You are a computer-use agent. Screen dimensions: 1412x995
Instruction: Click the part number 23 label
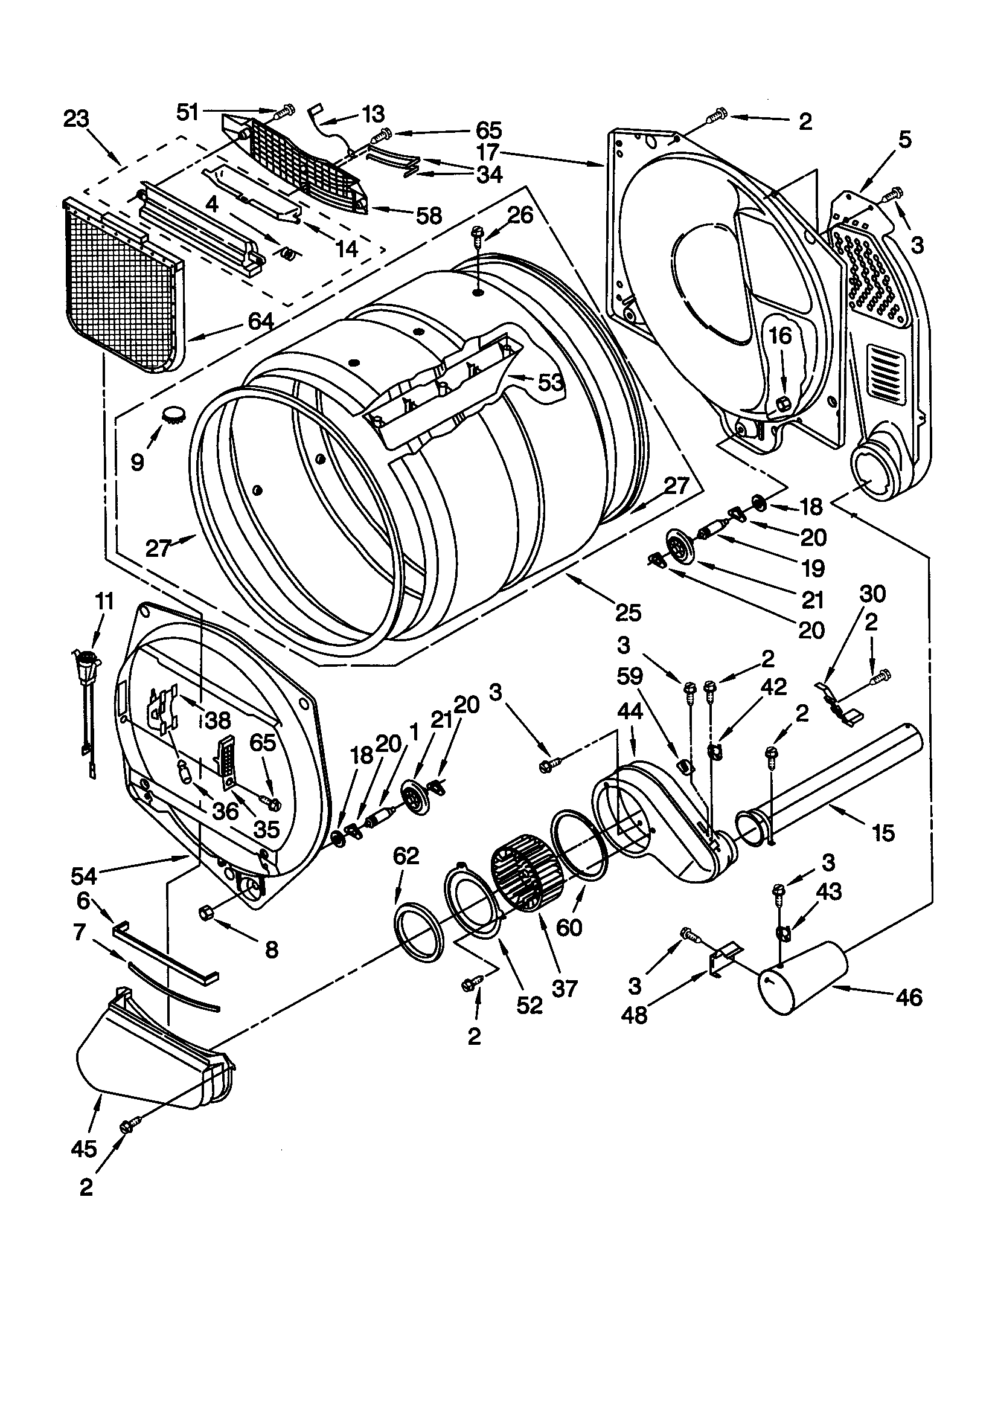tap(76, 118)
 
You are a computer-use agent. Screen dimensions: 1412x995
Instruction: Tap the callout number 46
tap(909, 997)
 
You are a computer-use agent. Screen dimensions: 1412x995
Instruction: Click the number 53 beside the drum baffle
tap(551, 382)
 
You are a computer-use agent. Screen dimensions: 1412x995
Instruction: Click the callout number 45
tap(84, 1148)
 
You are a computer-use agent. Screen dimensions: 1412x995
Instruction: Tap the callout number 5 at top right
tap(904, 140)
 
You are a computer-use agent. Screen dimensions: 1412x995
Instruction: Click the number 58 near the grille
tap(429, 215)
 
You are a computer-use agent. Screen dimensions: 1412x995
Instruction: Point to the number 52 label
tap(529, 1005)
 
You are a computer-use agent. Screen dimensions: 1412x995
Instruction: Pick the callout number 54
tap(84, 874)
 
